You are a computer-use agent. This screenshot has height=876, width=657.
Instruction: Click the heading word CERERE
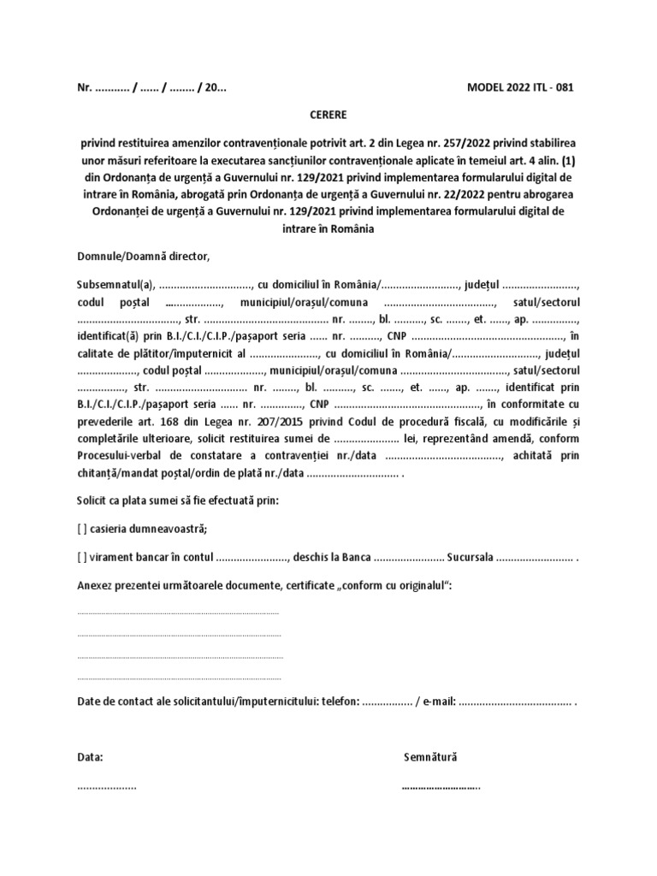[328, 113]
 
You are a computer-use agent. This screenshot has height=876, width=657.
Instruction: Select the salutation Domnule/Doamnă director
[143, 256]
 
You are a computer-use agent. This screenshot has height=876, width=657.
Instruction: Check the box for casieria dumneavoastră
[82, 528]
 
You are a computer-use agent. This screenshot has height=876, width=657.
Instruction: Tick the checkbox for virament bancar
[82, 558]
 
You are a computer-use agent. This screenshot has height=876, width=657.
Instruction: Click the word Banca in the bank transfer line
[355, 558]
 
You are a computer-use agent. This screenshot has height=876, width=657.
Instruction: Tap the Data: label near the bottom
[91, 757]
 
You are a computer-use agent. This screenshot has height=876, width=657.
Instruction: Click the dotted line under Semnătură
[441, 786]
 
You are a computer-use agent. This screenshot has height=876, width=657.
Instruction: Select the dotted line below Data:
[107, 786]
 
